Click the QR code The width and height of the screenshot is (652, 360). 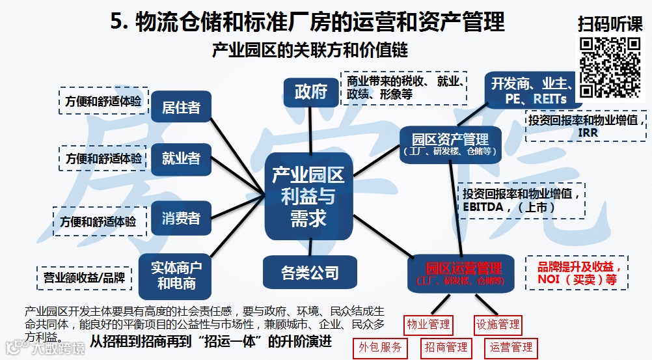(x=610, y=67)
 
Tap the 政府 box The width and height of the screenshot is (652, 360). (x=310, y=92)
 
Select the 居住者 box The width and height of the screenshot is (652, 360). (x=181, y=107)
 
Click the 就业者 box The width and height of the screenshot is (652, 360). (x=181, y=158)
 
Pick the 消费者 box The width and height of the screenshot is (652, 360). (x=181, y=218)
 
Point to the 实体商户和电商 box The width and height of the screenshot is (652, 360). (x=176, y=275)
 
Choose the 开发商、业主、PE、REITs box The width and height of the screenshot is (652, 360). (x=530, y=90)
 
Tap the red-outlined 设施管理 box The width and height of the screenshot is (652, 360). (x=498, y=324)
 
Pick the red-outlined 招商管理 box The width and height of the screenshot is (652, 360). (x=446, y=348)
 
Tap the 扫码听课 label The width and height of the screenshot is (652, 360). (x=610, y=24)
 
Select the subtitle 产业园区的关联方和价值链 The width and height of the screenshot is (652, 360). (x=310, y=51)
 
